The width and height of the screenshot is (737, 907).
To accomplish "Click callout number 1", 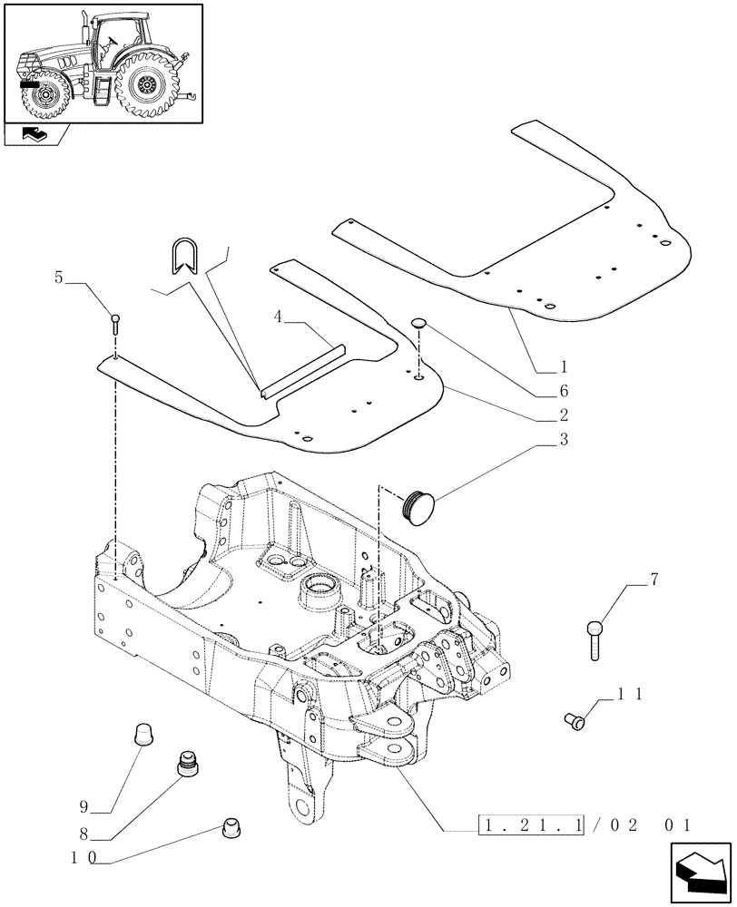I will [564, 368].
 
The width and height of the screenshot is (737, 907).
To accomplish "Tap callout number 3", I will [564, 441].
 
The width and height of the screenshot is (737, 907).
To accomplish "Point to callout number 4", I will [278, 317].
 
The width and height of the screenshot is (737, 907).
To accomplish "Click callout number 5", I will [60, 278].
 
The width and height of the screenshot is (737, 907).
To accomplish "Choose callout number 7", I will [653, 579].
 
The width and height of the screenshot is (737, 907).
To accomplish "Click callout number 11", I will [633, 693].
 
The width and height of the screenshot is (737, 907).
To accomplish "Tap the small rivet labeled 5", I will [115, 323].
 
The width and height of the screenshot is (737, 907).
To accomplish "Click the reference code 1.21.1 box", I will [531, 826].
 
